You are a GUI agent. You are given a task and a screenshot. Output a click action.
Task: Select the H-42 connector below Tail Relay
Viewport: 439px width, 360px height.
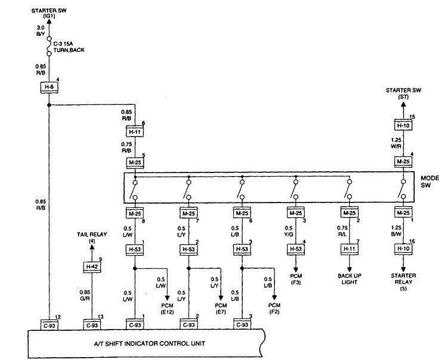click(91, 267)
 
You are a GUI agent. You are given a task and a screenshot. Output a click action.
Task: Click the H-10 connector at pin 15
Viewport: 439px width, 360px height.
click(403, 125)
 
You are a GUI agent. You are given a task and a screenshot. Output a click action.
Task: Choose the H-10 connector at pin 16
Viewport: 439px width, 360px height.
click(403, 248)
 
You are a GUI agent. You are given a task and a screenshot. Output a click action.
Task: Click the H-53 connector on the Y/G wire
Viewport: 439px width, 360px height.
click(296, 248)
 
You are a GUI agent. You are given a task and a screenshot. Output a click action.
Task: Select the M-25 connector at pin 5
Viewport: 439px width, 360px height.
click(135, 162)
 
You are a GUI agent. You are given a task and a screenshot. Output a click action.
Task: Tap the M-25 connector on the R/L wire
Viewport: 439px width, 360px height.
click(350, 213)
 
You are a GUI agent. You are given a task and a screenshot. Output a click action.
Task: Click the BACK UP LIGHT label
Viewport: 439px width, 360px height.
click(350, 279)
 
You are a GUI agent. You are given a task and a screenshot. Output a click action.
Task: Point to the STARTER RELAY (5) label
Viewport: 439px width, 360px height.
click(403, 282)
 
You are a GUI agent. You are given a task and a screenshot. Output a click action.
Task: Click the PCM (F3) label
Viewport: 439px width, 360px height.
click(296, 279)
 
